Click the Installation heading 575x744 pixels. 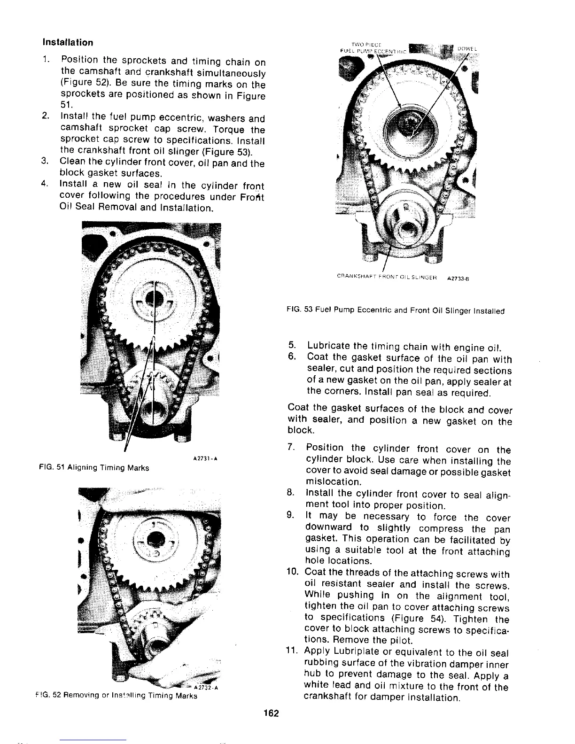(68, 42)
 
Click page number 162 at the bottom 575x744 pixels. (272, 713)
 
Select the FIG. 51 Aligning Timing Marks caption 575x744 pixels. (94, 468)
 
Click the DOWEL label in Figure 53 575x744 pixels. (466, 49)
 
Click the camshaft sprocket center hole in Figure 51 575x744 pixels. (154, 299)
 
